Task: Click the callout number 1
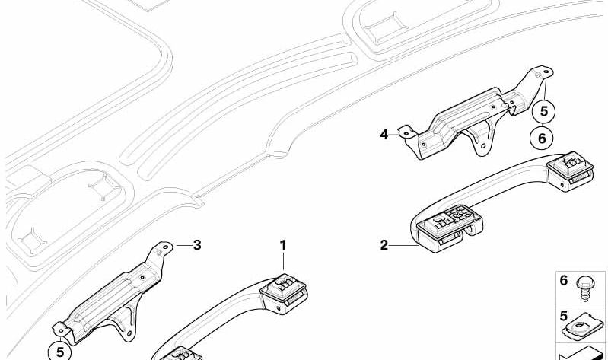[x=283, y=245]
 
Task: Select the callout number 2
[x=384, y=245]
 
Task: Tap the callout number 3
[x=197, y=245]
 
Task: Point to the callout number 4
[x=384, y=135]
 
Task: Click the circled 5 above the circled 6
[x=543, y=111]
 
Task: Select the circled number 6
[x=542, y=138]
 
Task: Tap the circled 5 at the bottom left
[x=59, y=352]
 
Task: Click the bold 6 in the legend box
[x=564, y=279]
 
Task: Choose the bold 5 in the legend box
[x=564, y=316]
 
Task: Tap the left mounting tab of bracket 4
[x=406, y=132]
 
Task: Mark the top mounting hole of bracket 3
[x=166, y=247]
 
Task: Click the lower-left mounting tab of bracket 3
[x=61, y=330]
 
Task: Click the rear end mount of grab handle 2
[x=570, y=170]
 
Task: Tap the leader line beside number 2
[x=403, y=245]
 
